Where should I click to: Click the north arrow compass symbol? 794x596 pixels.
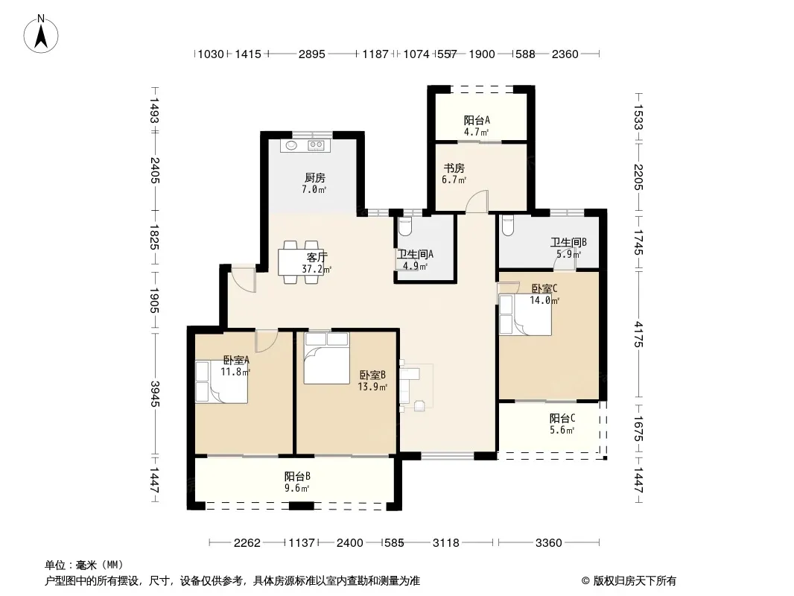[x=41, y=34]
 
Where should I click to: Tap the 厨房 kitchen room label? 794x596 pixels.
[x=314, y=178]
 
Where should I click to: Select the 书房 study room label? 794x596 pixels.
[x=454, y=168]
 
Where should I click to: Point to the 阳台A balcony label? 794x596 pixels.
[x=477, y=121]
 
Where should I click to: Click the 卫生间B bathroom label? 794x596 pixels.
[x=568, y=243]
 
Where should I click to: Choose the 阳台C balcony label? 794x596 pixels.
[x=562, y=418]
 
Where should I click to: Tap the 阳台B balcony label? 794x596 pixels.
[x=297, y=477]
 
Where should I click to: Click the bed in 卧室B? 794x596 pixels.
[x=327, y=358]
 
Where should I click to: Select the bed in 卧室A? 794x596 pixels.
[x=221, y=381]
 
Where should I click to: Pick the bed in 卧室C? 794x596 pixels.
[x=525, y=314]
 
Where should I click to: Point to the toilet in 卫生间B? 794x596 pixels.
[x=507, y=226]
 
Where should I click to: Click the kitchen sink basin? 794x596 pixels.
[x=292, y=145]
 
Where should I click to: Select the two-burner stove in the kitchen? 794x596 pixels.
[x=317, y=145]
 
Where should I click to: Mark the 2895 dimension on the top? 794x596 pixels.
[x=311, y=54]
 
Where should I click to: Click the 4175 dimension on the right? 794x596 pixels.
[x=638, y=335]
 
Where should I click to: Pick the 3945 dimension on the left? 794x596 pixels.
[x=155, y=393]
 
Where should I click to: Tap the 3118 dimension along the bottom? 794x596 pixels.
[x=445, y=543]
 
